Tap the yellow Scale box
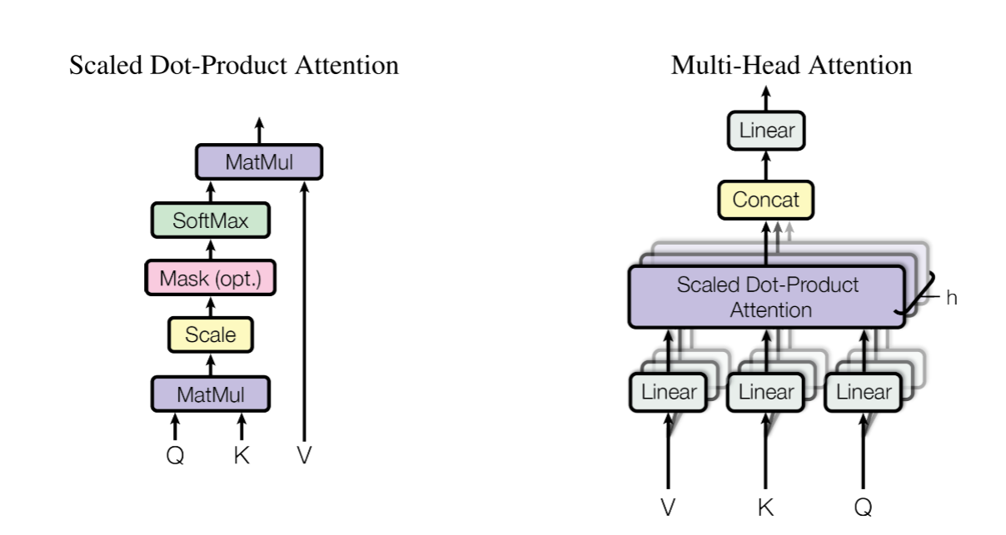coord(210,335)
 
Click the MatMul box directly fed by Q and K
coord(210,393)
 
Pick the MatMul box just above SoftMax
coord(258,162)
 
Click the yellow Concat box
coord(765,200)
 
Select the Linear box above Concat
coord(765,131)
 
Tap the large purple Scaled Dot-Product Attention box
coord(767,296)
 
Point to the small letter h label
coord(951,298)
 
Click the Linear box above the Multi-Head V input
coord(669,392)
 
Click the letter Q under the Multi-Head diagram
coord(864,506)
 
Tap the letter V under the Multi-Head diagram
coord(669,506)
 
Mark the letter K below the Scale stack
coord(242,456)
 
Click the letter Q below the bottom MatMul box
coord(175,456)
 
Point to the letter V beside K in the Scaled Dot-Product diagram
coord(304,456)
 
